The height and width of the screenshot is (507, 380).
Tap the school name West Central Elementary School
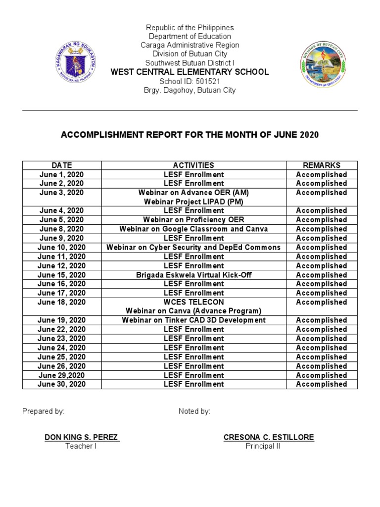(190, 72)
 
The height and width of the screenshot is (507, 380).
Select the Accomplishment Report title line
(190, 135)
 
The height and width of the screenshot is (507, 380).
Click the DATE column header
(62, 165)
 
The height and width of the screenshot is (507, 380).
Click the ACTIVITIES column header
(193, 165)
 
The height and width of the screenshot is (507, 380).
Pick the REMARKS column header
(321, 165)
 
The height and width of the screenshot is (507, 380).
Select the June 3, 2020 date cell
(62, 193)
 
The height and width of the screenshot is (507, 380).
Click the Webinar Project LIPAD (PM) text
(193, 202)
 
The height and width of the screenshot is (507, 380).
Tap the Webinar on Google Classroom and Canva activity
(193, 229)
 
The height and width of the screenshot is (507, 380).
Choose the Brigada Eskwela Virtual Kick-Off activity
(193, 275)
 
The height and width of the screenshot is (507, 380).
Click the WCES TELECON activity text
(193, 302)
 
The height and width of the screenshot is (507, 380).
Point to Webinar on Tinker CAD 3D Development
(193, 320)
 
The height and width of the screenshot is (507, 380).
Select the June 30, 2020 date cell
(62, 384)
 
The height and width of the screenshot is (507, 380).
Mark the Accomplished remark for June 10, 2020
(321, 248)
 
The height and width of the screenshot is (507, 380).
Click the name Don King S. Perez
(81, 437)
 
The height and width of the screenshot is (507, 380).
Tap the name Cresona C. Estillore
(269, 437)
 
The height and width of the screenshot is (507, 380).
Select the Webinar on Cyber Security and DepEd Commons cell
(193, 248)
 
